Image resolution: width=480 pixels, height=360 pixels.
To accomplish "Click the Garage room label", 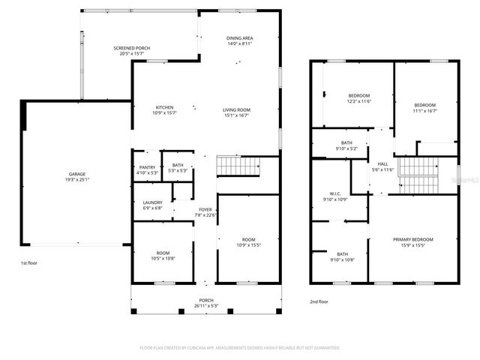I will click(x=76, y=176).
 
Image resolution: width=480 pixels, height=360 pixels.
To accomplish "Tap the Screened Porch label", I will click(x=132, y=49).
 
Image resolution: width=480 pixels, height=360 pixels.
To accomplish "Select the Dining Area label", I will click(x=239, y=41).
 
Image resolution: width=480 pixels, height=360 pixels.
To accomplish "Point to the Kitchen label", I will click(x=164, y=110).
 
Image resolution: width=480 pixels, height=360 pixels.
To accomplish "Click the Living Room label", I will click(x=236, y=112).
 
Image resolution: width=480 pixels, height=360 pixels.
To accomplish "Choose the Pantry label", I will click(x=147, y=169).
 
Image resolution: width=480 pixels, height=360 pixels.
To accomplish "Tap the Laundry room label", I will click(x=152, y=205).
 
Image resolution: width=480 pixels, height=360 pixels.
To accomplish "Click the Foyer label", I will click(x=204, y=212).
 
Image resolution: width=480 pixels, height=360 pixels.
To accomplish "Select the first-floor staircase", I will click(x=236, y=166).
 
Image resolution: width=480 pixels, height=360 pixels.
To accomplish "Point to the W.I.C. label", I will click(x=335, y=196).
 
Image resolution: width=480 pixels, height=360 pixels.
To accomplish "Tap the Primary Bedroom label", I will click(x=413, y=242).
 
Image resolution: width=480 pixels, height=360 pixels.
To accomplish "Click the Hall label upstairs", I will click(x=382, y=166).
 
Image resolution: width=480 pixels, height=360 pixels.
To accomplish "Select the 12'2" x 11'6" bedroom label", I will click(x=358, y=98).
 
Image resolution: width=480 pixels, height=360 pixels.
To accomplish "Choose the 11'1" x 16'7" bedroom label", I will click(x=424, y=108).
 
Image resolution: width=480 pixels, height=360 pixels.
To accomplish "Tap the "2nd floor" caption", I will click(x=319, y=301).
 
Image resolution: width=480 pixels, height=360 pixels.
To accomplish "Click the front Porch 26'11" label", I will click(x=205, y=302).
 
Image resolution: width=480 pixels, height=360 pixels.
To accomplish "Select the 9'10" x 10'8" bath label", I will click(x=342, y=256).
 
